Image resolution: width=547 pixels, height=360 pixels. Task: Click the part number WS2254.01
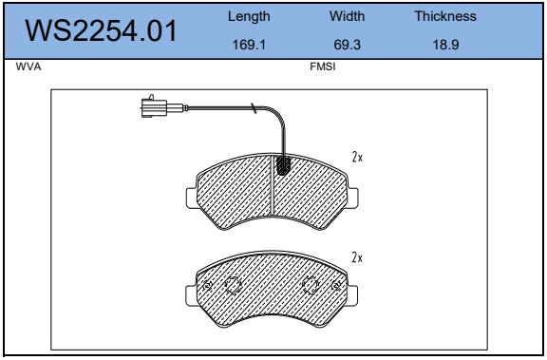click(101, 31)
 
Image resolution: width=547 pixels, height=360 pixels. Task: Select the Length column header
click(249, 16)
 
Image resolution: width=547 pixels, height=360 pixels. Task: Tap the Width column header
click(348, 16)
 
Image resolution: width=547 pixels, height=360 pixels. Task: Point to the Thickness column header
click(445, 16)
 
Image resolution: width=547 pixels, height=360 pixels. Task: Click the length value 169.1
click(249, 45)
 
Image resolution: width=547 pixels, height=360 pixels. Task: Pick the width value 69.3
click(348, 45)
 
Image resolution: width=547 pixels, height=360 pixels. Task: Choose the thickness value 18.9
click(445, 45)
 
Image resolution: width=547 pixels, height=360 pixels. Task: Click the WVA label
click(28, 66)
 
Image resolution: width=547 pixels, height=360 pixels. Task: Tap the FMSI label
click(323, 66)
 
